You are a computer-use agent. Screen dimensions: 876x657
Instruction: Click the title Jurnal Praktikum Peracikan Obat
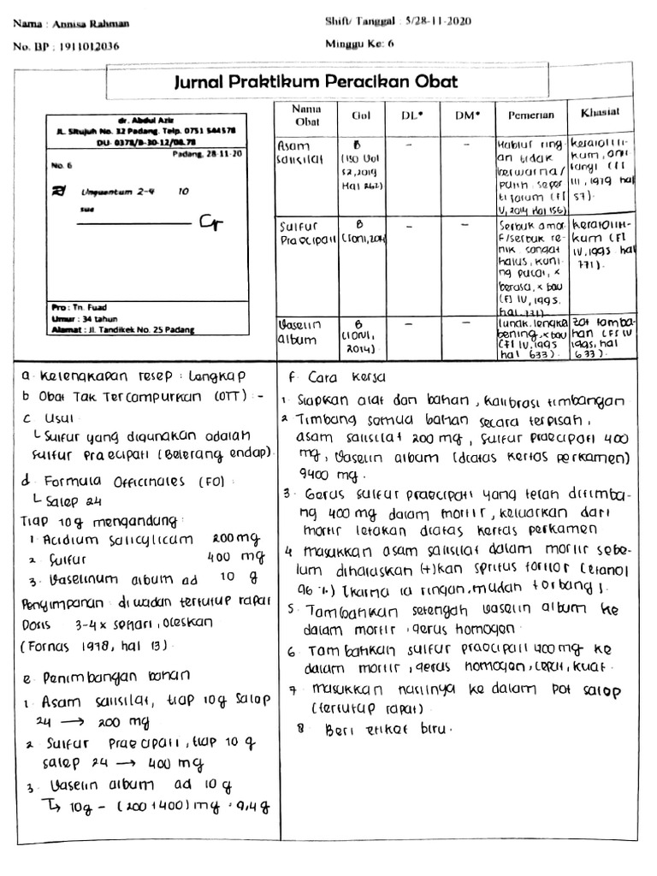(316, 82)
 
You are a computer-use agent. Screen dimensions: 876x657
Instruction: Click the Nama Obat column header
(305, 115)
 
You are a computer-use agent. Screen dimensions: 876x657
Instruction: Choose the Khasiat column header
(600, 113)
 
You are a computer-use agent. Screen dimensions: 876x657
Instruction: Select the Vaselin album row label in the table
(299, 333)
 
